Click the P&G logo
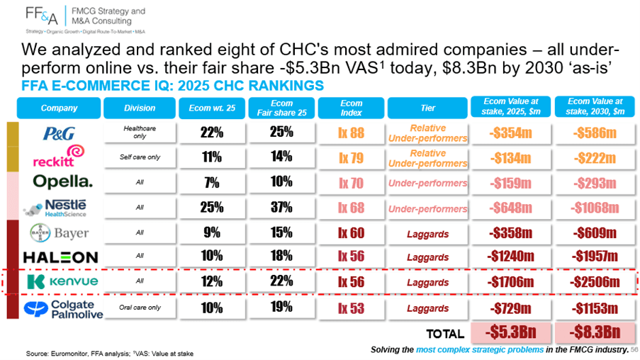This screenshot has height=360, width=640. [x=60, y=133]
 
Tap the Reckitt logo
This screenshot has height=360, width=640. [x=59, y=156]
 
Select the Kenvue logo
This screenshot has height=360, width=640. [x=62, y=281]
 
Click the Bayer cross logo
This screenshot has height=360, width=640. [x=40, y=233]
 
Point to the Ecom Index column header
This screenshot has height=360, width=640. [x=351, y=108]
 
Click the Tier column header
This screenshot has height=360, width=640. [x=427, y=108]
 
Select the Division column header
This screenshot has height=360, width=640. [x=140, y=108]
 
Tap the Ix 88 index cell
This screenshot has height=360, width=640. [x=351, y=133]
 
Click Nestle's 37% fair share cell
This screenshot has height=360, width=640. [x=281, y=208]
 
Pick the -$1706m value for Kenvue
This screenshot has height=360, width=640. [x=510, y=281]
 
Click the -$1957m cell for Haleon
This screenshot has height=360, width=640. [x=595, y=257]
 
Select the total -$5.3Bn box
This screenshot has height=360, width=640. [x=510, y=332]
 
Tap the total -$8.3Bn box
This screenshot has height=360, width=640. [x=595, y=332]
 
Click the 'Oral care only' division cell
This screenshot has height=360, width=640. [x=140, y=308]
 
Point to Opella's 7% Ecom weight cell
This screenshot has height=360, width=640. [x=212, y=182]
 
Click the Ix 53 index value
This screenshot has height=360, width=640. [x=351, y=308]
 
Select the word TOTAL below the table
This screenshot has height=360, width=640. [x=445, y=334]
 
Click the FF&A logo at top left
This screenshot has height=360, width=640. [x=42, y=16]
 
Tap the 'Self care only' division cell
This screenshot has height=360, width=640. [x=140, y=157]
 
